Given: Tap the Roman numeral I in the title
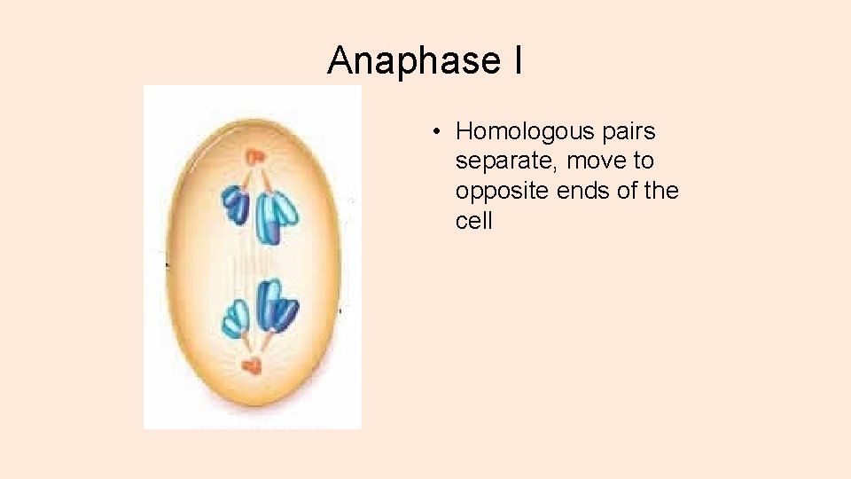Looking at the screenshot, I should click(516, 60).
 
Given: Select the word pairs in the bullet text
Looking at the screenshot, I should click(626, 132).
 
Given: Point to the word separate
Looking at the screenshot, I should click(506, 161).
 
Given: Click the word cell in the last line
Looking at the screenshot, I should click(473, 220).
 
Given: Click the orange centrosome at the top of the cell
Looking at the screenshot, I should click(254, 157).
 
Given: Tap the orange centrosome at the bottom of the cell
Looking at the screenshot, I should click(254, 364).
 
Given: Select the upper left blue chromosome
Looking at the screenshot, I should click(236, 203).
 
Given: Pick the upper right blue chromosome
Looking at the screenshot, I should click(277, 216).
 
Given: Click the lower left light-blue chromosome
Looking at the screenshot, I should click(236, 320).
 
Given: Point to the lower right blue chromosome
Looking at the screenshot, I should click(277, 304).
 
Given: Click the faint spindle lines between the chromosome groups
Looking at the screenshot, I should click(255, 263).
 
